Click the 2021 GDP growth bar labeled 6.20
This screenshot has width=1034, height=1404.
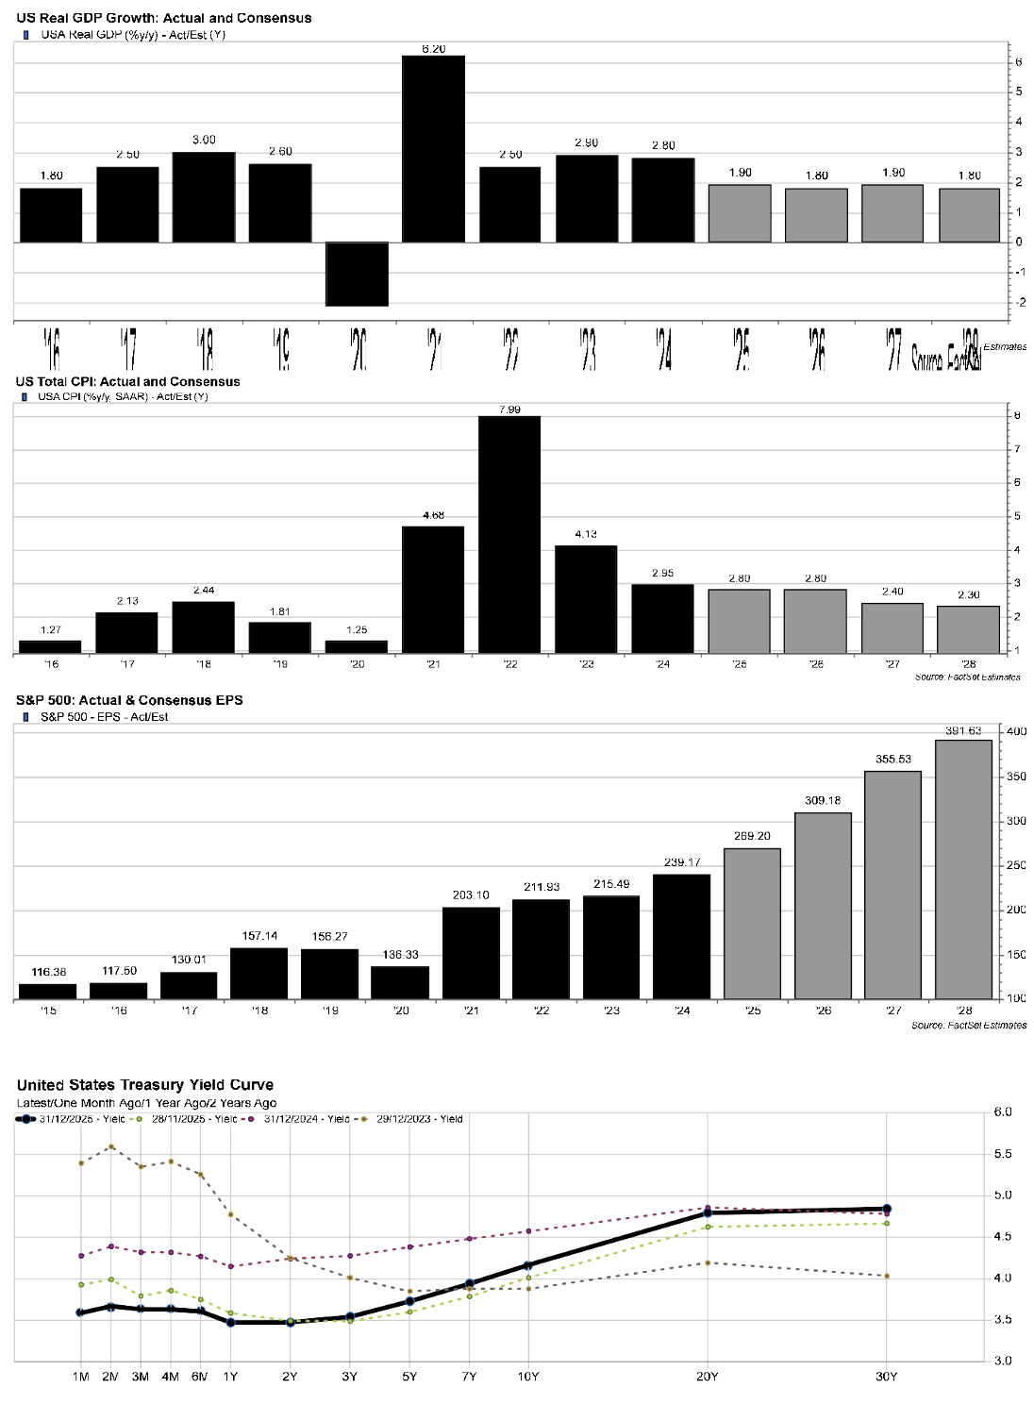[433, 149]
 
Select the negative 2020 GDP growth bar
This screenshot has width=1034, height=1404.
[357, 274]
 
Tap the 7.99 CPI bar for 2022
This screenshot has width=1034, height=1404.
[509, 534]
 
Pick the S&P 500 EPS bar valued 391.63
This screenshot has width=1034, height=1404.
[963, 869]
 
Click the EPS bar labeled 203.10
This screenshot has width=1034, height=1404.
[471, 953]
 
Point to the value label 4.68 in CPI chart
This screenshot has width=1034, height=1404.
[434, 515]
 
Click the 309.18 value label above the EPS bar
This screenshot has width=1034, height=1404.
[823, 800]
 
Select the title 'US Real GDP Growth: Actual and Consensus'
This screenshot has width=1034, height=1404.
[164, 18]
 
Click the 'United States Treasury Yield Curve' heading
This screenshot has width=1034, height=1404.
[145, 1085]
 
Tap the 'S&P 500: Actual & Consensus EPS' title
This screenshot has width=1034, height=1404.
[129, 700]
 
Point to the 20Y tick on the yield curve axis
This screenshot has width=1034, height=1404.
[708, 1377]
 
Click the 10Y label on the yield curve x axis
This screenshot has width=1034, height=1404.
[528, 1377]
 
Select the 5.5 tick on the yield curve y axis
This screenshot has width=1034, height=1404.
[1003, 1154]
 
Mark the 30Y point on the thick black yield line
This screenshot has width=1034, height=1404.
[887, 1209]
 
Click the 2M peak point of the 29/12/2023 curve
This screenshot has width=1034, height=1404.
[111, 1147]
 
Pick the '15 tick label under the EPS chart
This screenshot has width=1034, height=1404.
[48, 1011]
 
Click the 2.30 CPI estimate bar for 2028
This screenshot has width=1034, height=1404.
[968, 629]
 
